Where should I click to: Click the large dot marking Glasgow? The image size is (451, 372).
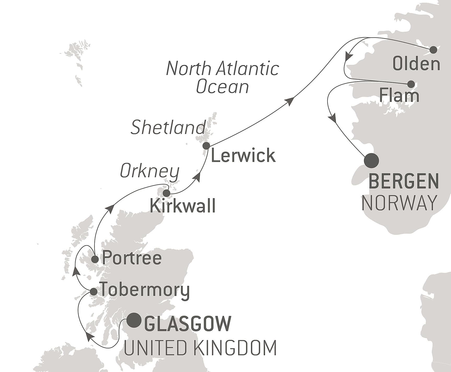pyautogui.click(x=134, y=320)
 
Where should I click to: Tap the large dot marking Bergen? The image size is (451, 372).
pyautogui.click(x=371, y=161)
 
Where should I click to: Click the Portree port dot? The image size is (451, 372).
pyautogui.click(x=95, y=259)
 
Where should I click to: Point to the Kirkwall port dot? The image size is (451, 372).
pyautogui.click(x=166, y=193)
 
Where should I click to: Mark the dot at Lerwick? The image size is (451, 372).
pyautogui.click(x=206, y=146)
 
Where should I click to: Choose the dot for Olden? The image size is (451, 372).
pyautogui.click(x=433, y=50)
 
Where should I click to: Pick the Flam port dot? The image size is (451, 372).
pyautogui.click(x=411, y=84)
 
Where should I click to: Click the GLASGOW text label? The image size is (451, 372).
pyautogui.click(x=188, y=323)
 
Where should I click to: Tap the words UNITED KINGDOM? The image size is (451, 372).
pyautogui.click(x=200, y=348)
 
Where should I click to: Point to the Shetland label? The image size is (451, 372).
pyautogui.click(x=168, y=128)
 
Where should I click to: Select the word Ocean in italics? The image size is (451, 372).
pyautogui.click(x=222, y=87)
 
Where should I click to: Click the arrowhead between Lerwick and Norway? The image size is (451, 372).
pyautogui.click(x=290, y=101)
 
